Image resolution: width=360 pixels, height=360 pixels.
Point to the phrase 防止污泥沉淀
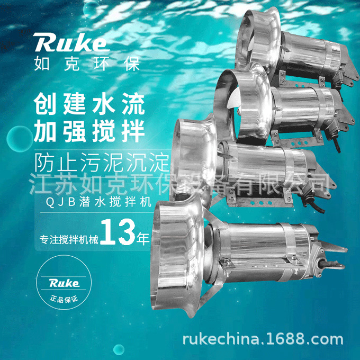tap(101, 160)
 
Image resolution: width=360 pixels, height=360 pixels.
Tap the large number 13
tap(118, 233)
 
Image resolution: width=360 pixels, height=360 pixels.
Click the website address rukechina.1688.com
tap(262, 339)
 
